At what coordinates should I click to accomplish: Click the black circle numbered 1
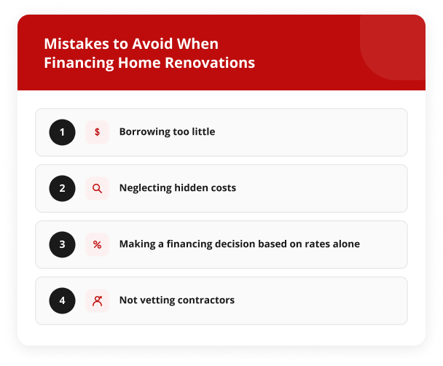[x=62, y=132]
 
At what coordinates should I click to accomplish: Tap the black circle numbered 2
[x=62, y=188]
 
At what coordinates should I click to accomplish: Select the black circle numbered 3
[x=62, y=244]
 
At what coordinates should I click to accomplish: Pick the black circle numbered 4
[x=62, y=300]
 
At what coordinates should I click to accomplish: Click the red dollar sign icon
[x=97, y=132]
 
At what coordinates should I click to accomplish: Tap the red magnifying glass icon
[x=97, y=188]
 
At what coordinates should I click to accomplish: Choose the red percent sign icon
[x=97, y=244]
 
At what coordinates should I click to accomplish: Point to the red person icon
[x=97, y=301]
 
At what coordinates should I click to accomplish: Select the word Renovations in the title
[x=210, y=63]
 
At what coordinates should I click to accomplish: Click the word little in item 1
[x=203, y=131]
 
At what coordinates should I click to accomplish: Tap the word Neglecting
[x=146, y=188]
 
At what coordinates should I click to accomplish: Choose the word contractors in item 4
[x=206, y=300]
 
